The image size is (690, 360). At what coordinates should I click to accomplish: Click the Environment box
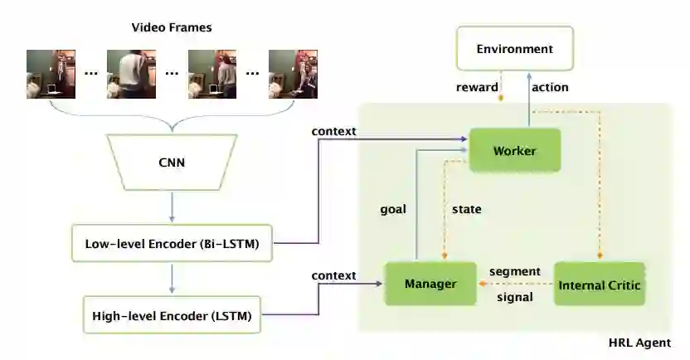514,48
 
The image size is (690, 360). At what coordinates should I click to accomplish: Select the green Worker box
514,150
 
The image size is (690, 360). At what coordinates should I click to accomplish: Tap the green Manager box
430,284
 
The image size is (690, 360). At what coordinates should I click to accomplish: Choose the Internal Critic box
600,285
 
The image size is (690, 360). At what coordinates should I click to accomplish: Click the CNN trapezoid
172,163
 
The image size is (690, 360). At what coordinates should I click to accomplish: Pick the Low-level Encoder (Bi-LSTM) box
172,244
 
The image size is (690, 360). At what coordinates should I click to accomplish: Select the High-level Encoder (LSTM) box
172,314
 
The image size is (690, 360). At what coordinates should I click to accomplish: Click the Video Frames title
172,27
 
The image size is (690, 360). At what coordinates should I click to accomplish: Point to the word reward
477,87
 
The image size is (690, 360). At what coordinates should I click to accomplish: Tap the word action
550,87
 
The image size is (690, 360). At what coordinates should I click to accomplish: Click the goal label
392,209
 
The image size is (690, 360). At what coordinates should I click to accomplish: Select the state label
466,209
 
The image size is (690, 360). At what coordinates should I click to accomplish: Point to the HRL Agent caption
639,343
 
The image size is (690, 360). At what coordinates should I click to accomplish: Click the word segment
514,271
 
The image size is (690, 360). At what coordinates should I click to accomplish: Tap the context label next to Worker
333,131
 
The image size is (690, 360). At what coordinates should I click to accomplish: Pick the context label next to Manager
333,275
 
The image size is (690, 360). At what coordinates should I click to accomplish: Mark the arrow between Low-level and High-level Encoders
172,279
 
